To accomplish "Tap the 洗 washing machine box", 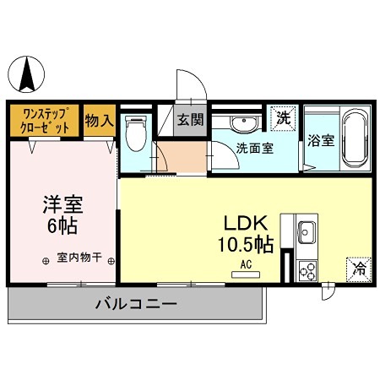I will (x=284, y=118).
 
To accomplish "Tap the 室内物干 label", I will (x=79, y=258).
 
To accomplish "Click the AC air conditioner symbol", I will (x=247, y=266).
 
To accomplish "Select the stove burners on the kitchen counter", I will (x=307, y=270).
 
